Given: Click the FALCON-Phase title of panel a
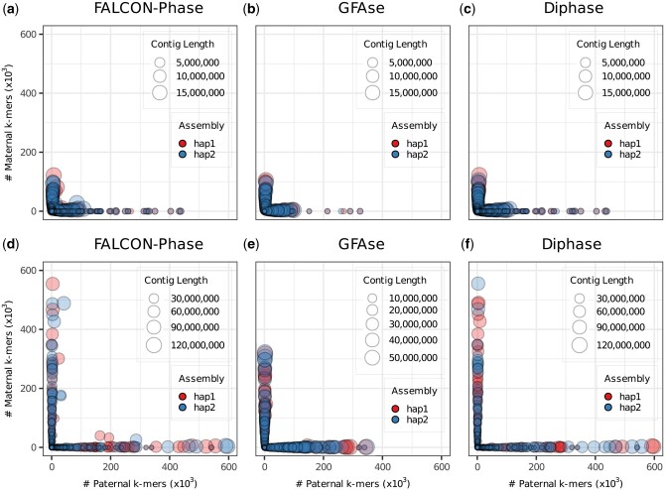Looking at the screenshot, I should coord(136,11).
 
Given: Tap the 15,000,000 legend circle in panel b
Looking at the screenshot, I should coord(372,93).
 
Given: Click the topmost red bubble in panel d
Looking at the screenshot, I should coord(53,285).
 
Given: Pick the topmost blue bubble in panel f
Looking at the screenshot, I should coord(477,285).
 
